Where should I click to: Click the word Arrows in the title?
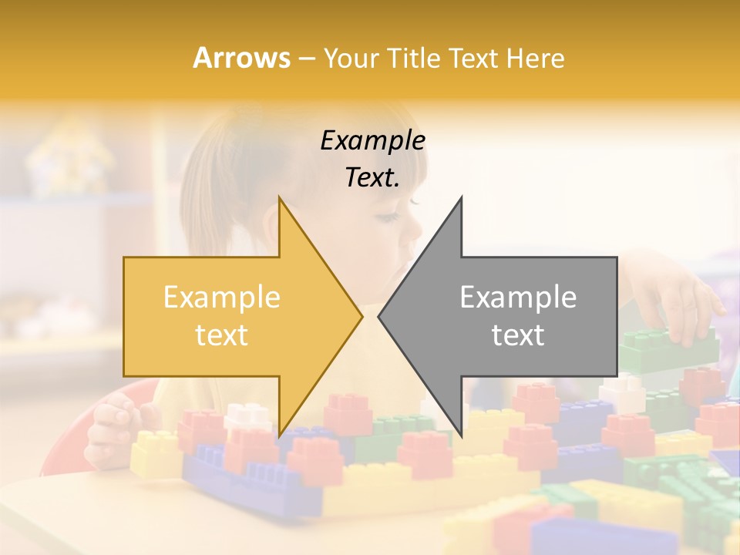(242, 58)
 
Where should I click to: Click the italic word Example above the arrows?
(372, 141)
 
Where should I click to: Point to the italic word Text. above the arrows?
(372, 178)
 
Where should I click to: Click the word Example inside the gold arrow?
(221, 298)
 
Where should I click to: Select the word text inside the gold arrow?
(221, 335)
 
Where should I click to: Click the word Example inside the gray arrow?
(518, 298)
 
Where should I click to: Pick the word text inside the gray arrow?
(518, 335)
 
